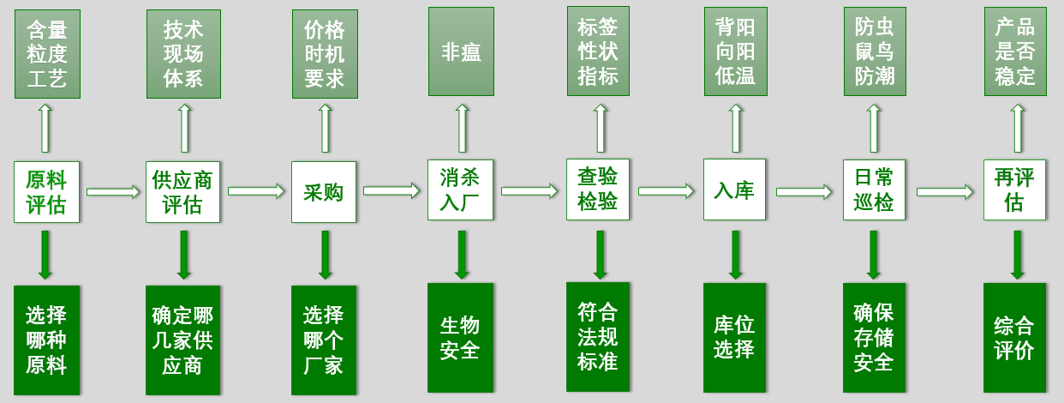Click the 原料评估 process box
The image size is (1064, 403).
coord(46,191)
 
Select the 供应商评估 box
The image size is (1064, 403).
coord(182,192)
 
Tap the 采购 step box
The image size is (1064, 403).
coord(323,192)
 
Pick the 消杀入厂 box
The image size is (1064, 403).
coord(461,190)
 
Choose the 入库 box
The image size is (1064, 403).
coord(734,190)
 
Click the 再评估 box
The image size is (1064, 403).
coord(1014,190)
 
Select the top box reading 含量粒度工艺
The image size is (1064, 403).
coord(47,54)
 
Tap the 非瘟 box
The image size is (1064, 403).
coord(461,52)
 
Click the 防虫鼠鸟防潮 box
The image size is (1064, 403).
coord(874,51)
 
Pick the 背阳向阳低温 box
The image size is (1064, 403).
coord(735,51)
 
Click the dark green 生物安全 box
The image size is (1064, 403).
coord(461,338)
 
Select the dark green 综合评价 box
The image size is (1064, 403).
coord(1014,338)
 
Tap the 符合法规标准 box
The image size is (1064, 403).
coord(598,336)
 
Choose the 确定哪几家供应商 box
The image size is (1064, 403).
coord(182,340)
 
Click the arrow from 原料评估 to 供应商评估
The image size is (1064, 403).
coord(113,191)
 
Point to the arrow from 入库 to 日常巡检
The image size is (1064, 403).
coord(804,192)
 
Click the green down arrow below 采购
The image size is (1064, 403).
coord(325,255)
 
